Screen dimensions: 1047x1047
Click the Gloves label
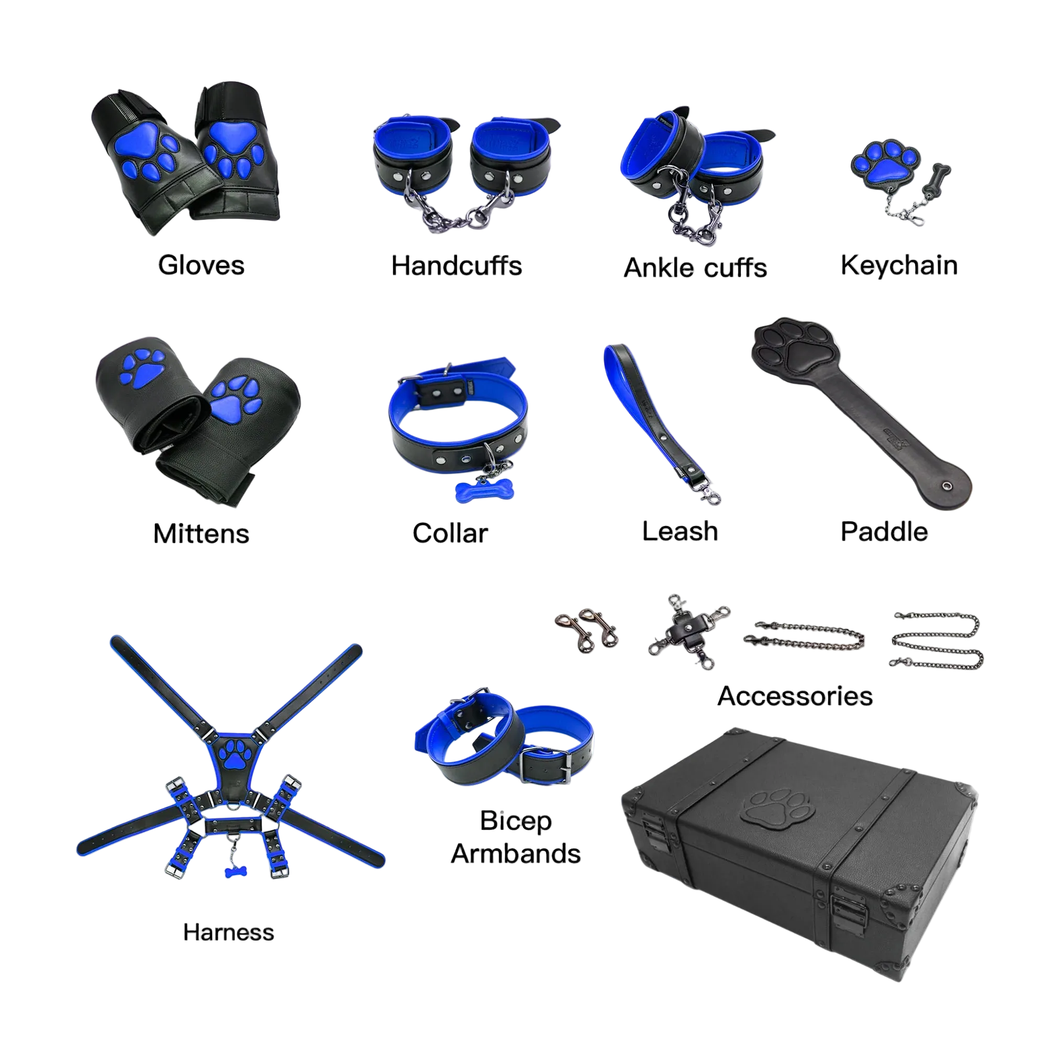201,265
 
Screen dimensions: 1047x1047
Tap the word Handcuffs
456,266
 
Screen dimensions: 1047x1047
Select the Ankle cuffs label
695,268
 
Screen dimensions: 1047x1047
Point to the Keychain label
899,266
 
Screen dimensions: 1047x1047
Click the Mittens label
201,534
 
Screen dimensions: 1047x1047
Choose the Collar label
450,533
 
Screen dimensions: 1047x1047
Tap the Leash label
680,531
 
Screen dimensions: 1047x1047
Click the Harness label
229,933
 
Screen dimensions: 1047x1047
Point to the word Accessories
795,696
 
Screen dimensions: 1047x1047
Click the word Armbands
516,853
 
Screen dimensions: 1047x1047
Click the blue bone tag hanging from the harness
236,872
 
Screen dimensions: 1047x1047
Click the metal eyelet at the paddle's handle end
946,486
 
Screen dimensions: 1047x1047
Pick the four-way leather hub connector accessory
689,632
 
